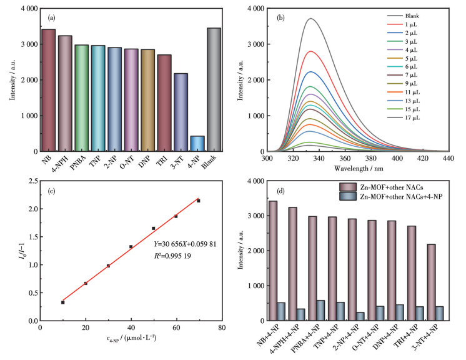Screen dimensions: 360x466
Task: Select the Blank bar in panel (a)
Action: pos(214,89)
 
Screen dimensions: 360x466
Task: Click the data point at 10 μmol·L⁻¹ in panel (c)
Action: pos(62,302)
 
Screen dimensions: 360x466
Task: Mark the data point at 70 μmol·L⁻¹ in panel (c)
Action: pos(199,201)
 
